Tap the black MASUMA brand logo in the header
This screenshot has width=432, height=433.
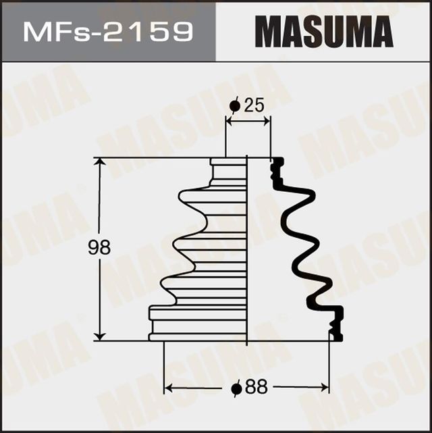click(x=324, y=31)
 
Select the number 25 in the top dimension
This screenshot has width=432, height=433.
click(x=254, y=105)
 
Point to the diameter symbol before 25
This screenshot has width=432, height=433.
click(x=235, y=105)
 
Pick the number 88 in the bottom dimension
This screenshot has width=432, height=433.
click(x=257, y=388)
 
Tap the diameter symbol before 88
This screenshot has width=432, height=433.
click(x=236, y=388)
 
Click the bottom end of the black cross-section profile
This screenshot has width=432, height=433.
click(x=335, y=336)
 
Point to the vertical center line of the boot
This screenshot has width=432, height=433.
click(x=248, y=250)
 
